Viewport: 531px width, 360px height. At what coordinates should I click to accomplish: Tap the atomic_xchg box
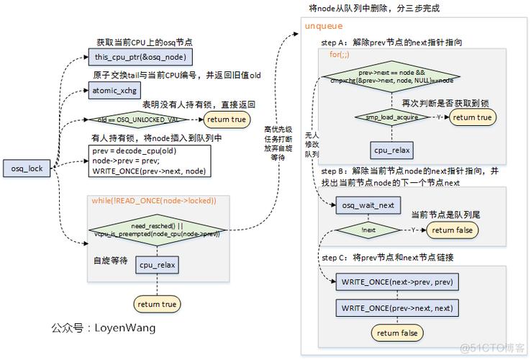[x=115, y=90]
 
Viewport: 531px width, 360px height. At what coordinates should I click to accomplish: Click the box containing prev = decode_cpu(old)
[x=150, y=161]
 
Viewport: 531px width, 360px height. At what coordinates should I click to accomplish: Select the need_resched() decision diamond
[x=156, y=230]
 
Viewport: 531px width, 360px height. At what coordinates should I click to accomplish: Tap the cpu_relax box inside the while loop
[x=157, y=264]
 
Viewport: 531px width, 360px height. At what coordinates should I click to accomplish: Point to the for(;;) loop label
[x=340, y=55]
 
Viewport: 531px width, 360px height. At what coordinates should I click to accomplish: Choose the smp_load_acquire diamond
[x=391, y=117]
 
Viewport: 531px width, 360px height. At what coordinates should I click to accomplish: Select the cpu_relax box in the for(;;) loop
[x=391, y=150]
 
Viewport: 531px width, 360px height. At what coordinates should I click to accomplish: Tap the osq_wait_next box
[x=368, y=205]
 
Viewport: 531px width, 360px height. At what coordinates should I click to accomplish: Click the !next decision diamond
[x=368, y=230]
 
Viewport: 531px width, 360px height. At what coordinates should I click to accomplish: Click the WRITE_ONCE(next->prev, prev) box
[x=398, y=281]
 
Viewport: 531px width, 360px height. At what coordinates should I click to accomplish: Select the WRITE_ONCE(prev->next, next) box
[x=398, y=308]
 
